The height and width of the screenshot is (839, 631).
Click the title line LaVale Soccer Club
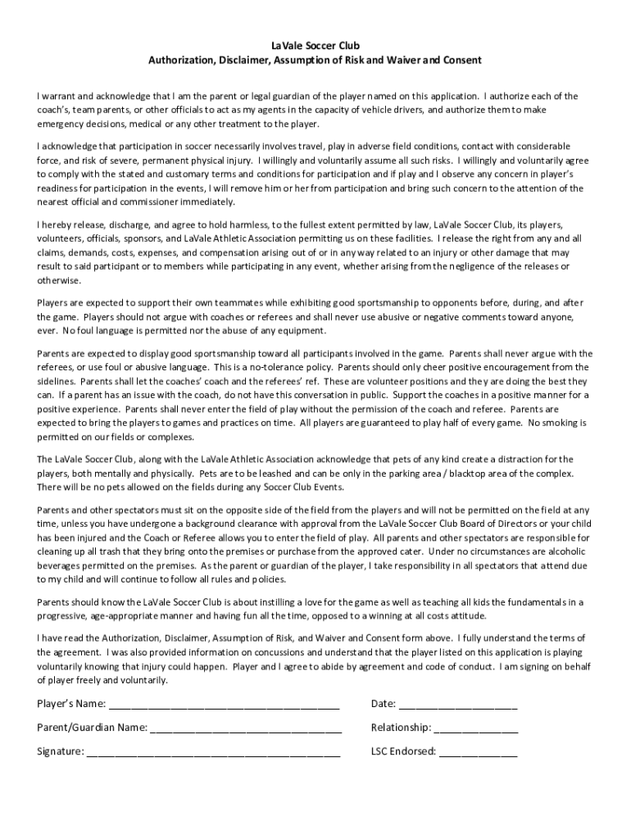[315, 45]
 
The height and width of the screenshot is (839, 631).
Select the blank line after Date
[458, 705]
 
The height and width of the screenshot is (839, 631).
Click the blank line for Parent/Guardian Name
[246, 728]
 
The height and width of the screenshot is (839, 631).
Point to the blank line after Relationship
[476, 728]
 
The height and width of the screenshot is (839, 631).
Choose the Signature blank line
[214, 752]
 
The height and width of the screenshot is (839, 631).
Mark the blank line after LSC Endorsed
[479, 752]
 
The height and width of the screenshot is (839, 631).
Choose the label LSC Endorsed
[403, 751]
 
